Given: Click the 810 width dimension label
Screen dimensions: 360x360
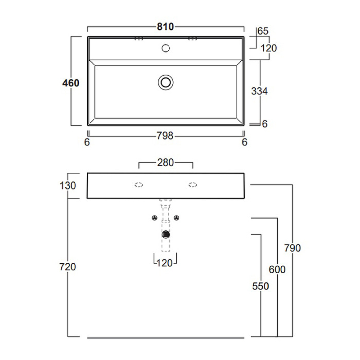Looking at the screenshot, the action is tap(165, 27).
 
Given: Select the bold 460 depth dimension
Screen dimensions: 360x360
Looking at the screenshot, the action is tap(71, 83).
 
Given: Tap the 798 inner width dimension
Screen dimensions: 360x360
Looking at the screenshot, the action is tap(165, 136).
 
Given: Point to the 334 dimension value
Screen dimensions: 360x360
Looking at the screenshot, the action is tap(260, 91).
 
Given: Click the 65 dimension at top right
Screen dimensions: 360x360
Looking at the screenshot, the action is tap(263, 31).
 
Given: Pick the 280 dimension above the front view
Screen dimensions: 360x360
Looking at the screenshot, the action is tap(165, 162).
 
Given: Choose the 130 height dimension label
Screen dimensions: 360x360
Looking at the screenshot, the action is tap(67, 185).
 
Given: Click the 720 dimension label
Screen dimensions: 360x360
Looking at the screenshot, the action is tap(67, 267).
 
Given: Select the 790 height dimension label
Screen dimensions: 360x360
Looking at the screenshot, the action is tap(292, 248).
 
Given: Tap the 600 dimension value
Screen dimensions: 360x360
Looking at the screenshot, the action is tap(277, 270).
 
